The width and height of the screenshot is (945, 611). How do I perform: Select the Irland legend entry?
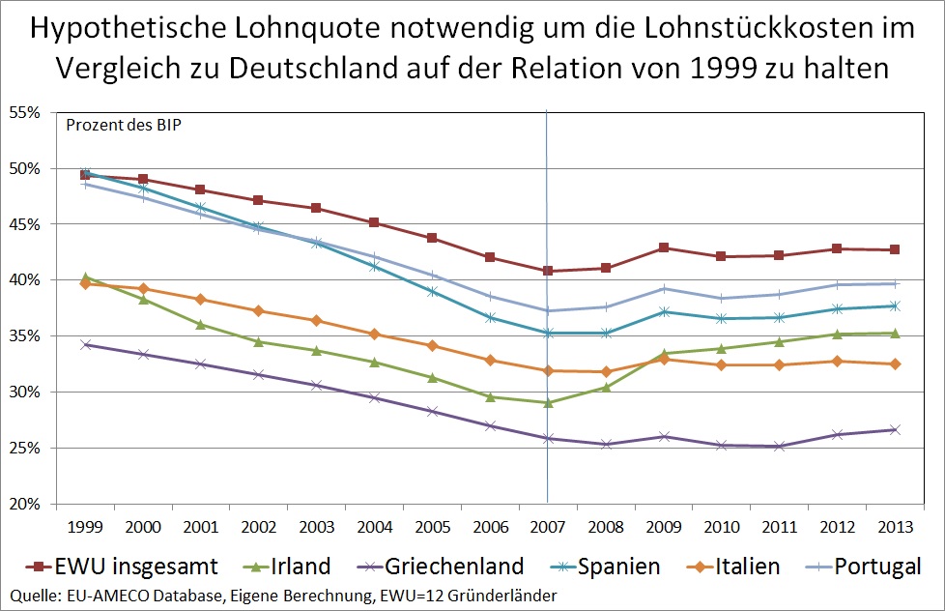tap(301, 566)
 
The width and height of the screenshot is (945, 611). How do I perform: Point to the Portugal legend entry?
tap(874, 566)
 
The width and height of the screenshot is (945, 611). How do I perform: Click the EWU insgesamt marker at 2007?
tap(548, 271)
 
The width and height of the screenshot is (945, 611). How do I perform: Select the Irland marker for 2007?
tap(548, 402)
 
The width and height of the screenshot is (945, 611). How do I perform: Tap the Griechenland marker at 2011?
tap(779, 447)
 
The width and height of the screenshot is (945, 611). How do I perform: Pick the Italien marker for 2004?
tap(374, 334)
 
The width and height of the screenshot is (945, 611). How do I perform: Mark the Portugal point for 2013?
tap(895, 283)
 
